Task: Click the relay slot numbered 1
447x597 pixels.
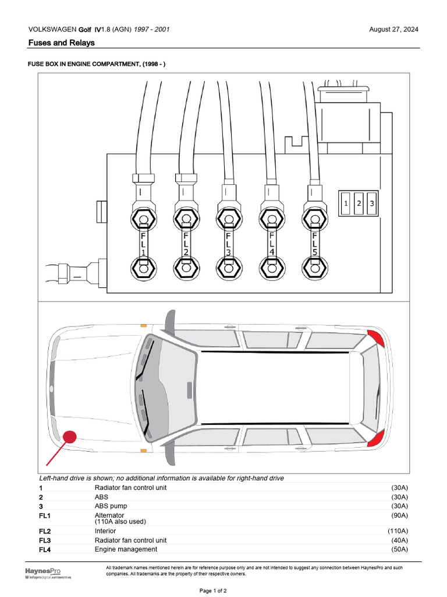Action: click(346, 203)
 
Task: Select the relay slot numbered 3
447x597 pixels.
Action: click(372, 203)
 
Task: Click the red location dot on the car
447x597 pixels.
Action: click(70, 437)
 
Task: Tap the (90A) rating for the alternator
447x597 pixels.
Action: click(399, 515)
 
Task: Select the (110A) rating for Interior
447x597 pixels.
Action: click(398, 531)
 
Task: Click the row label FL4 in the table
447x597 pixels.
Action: click(45, 549)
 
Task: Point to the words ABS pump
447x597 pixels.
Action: click(111, 506)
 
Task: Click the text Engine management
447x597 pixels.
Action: click(126, 549)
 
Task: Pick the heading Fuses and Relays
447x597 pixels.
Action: click(61, 43)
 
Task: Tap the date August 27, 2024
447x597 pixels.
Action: click(393, 30)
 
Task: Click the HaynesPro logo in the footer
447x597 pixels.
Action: click(42, 571)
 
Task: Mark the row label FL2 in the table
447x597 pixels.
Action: click(45, 531)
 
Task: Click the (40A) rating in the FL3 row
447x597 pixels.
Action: click(399, 540)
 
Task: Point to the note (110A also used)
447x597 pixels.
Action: click(120, 522)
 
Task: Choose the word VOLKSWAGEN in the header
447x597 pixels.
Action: click(52, 30)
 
